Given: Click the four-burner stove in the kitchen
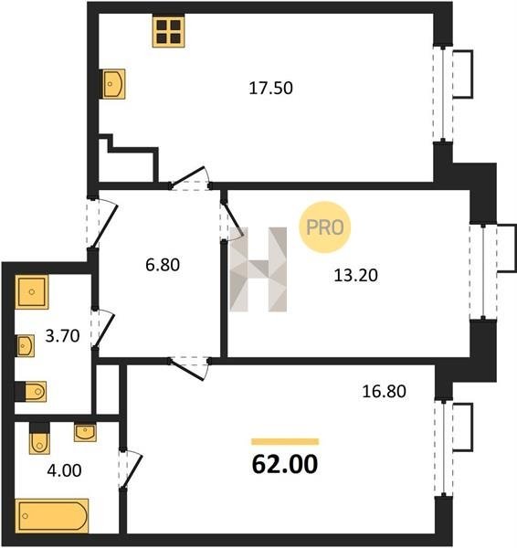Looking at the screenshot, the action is (x=168, y=31).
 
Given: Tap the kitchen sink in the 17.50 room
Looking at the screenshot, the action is (x=113, y=84).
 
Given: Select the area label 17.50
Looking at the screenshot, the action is (x=270, y=88).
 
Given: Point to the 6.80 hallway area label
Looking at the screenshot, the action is (x=163, y=265).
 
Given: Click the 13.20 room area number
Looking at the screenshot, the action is (x=356, y=275).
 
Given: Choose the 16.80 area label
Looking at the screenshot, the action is (x=384, y=391).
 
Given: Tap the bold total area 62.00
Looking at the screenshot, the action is (x=285, y=464).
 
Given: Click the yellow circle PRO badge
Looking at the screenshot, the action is (x=325, y=227).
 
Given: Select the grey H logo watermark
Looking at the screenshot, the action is (x=258, y=269).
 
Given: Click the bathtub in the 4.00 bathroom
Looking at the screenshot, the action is (x=52, y=516).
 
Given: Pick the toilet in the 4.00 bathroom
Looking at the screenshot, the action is (x=39, y=438).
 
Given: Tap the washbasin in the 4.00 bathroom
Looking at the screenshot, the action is (x=85, y=433).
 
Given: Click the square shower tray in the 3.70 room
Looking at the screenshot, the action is (x=32, y=292).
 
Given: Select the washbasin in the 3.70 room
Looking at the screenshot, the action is (x=26, y=346).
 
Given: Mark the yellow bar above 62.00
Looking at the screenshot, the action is (x=285, y=442).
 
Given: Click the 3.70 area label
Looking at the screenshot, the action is (x=63, y=336).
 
